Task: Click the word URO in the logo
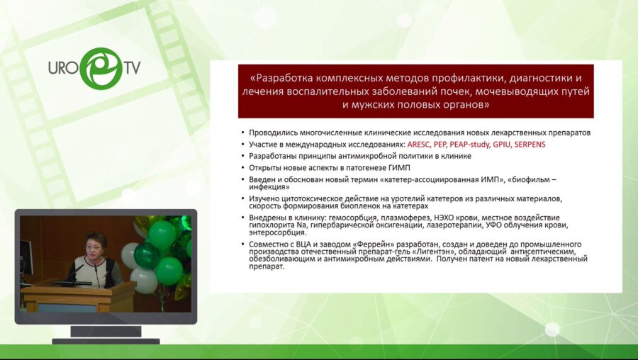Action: [63, 68]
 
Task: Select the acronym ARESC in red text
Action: [421, 144]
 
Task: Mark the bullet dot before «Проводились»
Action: [242, 133]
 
